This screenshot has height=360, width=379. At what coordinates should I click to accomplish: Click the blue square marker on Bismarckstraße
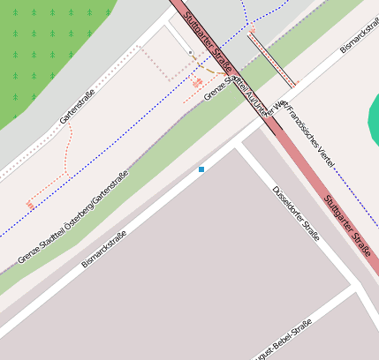tap(201, 169)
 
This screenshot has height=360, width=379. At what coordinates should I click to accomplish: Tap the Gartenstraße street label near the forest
tap(77, 107)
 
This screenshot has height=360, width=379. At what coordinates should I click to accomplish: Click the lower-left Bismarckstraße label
tap(104, 249)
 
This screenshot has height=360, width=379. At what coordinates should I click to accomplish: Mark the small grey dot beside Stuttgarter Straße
tap(190, 53)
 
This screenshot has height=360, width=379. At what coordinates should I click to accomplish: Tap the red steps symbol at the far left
tap(30, 205)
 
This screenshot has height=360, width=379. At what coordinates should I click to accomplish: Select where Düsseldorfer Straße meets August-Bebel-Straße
tap(355, 287)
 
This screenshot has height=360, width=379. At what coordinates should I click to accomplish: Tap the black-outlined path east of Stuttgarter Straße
tap(272, 58)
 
